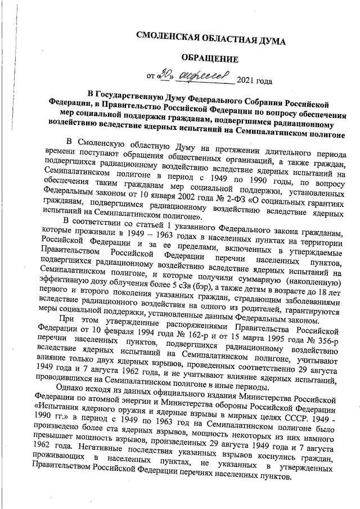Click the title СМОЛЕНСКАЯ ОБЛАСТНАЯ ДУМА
click(x=212, y=40)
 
